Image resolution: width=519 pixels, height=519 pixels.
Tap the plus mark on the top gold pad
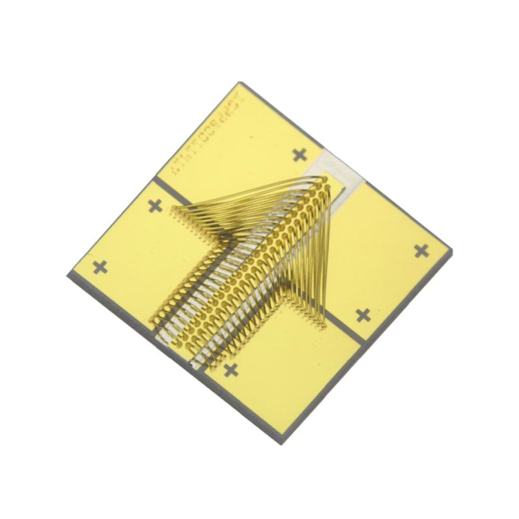[x=299, y=155]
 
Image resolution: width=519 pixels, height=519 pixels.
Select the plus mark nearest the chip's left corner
[x=100, y=267]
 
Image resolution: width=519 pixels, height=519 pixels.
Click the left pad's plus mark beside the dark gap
[x=155, y=206]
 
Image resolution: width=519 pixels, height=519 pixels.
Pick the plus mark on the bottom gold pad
[x=230, y=370]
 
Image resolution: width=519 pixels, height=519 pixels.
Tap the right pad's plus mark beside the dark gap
[x=363, y=315]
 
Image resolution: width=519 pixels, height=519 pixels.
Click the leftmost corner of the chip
[x=68, y=276]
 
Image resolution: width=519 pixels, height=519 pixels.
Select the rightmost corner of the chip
[x=452, y=250]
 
